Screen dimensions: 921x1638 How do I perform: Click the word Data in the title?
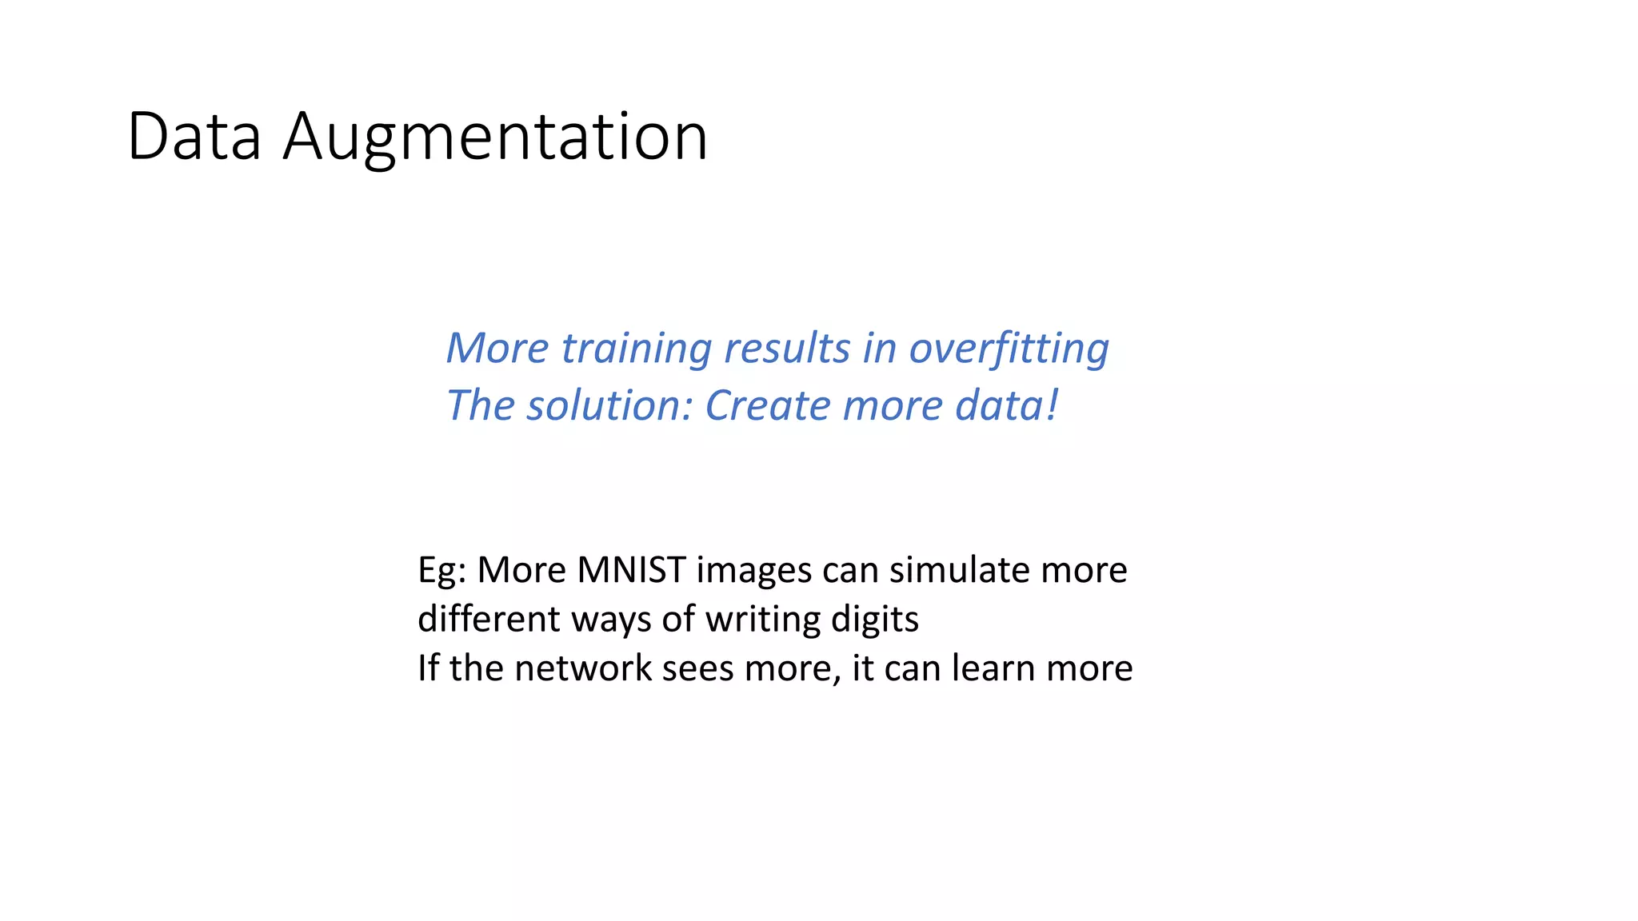click(x=194, y=137)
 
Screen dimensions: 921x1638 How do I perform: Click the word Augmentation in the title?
click(x=495, y=137)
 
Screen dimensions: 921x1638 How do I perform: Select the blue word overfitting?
click(x=1009, y=349)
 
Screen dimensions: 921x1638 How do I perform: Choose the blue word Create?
click(x=768, y=405)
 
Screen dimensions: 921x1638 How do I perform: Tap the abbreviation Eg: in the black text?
click(x=441, y=571)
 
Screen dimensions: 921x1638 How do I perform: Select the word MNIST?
click(x=631, y=571)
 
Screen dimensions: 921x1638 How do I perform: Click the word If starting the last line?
click(x=428, y=668)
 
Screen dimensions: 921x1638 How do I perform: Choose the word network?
click(x=583, y=668)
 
